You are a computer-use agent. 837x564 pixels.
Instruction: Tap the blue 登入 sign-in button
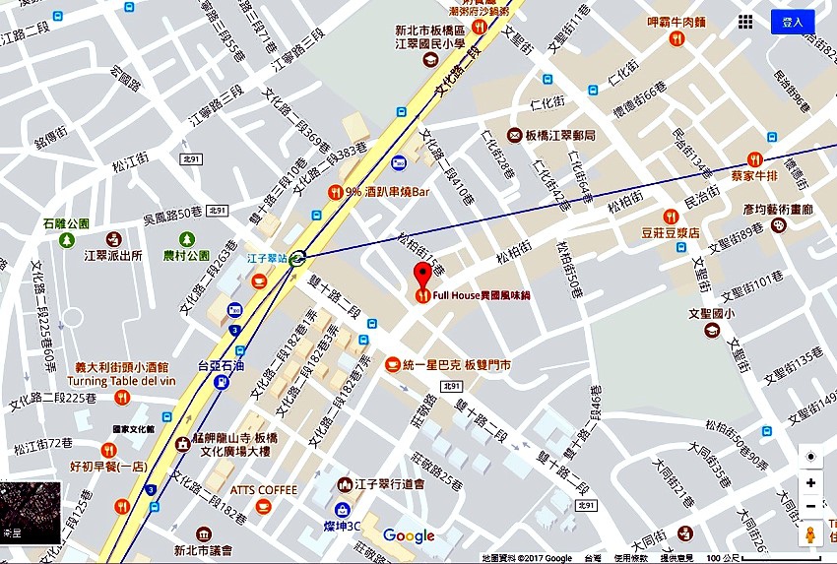pyautogui.click(x=792, y=22)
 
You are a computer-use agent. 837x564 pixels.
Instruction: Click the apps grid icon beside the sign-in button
pyautogui.click(x=745, y=22)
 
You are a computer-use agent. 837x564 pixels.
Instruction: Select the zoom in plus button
pyautogui.click(x=810, y=483)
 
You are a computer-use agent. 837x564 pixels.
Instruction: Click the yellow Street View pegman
pyautogui.click(x=810, y=534)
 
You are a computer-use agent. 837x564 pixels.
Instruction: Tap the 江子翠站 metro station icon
pyautogui.click(x=297, y=256)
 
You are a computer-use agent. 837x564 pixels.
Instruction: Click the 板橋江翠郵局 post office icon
pyautogui.click(x=514, y=135)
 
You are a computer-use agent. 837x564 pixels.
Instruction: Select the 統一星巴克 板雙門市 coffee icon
pyautogui.click(x=392, y=364)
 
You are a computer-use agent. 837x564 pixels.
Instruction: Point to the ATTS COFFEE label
pyautogui.click(x=264, y=489)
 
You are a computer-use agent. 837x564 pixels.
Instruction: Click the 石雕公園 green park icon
pyautogui.click(x=67, y=239)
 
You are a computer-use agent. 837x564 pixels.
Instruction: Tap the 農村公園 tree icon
pyautogui.click(x=186, y=239)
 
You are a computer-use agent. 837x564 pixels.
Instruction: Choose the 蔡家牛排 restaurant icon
pyautogui.click(x=754, y=158)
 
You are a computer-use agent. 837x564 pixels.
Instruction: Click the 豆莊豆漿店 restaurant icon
pyautogui.click(x=672, y=217)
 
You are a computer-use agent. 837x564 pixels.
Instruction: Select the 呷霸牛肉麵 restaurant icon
pyautogui.click(x=676, y=38)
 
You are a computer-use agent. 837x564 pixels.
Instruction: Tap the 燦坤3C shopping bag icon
pyautogui.click(x=342, y=510)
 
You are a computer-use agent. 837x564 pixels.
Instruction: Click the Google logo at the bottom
pyautogui.click(x=409, y=535)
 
